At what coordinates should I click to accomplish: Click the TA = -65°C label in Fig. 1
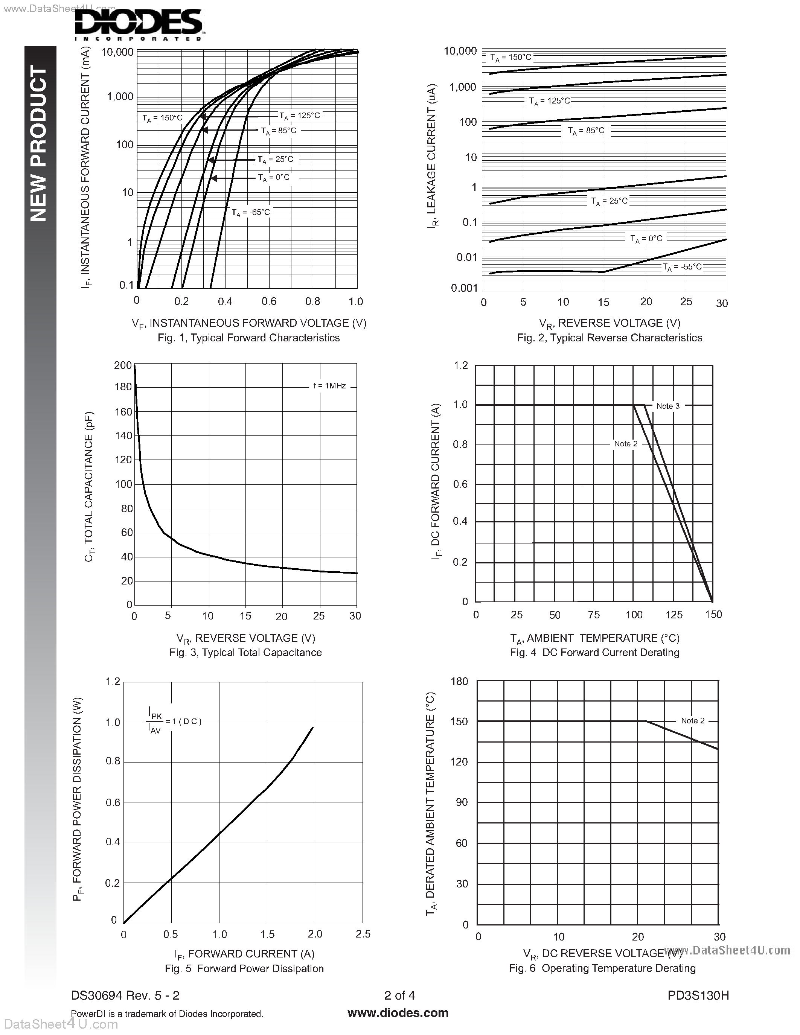250,212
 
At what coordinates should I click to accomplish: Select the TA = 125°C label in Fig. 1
300,116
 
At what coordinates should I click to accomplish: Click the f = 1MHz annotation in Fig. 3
329,386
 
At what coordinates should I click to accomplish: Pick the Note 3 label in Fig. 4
668,406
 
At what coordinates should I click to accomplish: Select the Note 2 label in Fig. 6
692,721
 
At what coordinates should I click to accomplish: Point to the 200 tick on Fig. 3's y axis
123,365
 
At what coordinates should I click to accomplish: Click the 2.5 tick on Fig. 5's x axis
363,934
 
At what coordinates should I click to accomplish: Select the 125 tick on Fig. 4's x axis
674,615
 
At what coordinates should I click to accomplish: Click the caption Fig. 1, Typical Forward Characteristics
248,338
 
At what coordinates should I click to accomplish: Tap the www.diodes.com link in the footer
398,1013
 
